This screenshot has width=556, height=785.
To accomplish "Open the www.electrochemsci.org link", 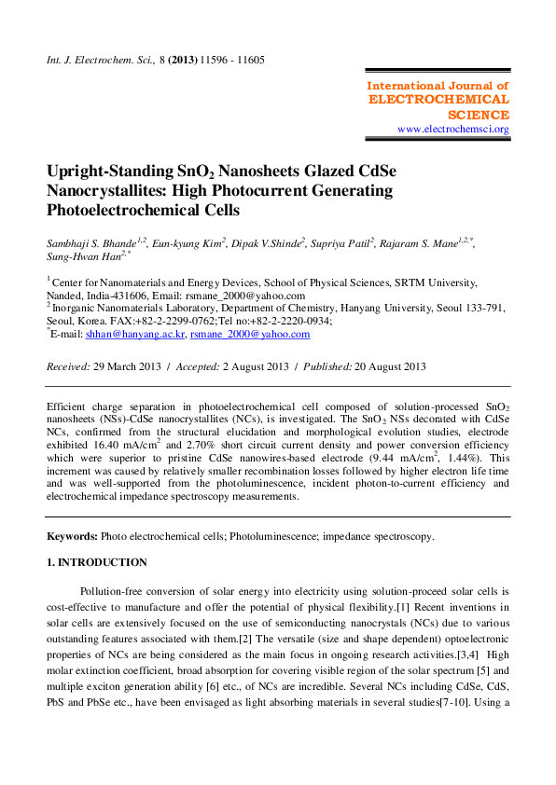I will [453, 129].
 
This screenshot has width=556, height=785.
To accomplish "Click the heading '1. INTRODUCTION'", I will [97, 562].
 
